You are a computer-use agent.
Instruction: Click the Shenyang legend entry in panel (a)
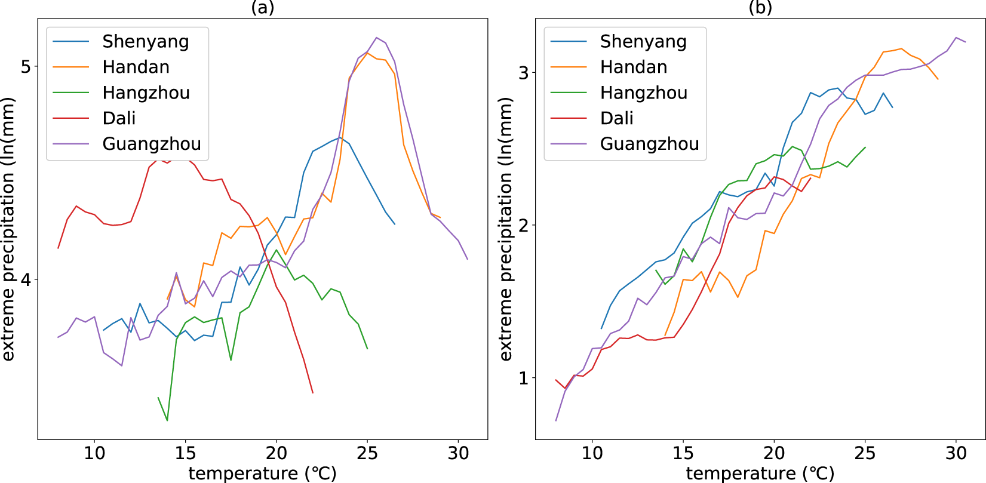click(x=145, y=42)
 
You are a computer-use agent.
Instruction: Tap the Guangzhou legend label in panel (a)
click(x=151, y=144)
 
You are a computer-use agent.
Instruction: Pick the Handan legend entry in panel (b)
click(x=633, y=67)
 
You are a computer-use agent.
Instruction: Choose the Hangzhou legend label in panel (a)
click(x=146, y=93)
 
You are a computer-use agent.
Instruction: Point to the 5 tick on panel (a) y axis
click(x=26, y=66)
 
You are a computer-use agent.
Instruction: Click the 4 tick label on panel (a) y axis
click(x=26, y=279)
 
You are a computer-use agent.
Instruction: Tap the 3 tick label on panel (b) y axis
click(x=524, y=73)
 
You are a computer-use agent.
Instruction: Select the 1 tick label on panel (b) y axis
click(x=524, y=378)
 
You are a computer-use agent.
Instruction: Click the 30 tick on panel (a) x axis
click(x=458, y=453)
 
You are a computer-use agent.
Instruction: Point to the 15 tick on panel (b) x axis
click(x=683, y=453)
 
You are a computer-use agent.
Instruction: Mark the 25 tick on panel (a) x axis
click(x=367, y=453)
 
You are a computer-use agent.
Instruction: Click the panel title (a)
click(x=263, y=7)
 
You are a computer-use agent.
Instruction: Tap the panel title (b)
click(x=760, y=7)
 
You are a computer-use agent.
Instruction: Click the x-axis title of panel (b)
click(x=760, y=473)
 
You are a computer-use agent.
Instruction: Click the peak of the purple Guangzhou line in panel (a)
click(x=376, y=38)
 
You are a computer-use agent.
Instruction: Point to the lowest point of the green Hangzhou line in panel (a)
click(x=167, y=420)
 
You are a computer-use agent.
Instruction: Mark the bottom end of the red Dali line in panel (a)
click(x=313, y=392)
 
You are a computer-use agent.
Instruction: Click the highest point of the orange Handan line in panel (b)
click(x=901, y=49)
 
